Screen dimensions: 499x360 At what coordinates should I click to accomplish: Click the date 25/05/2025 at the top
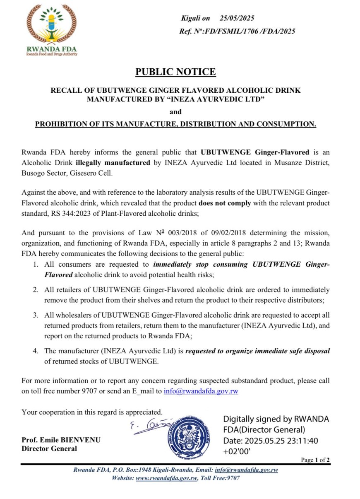point(237,18)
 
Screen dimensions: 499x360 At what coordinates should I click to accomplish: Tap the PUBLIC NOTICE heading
point(176,72)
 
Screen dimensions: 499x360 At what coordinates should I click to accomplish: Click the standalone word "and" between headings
point(176,112)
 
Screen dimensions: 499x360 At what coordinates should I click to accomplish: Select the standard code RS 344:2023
point(73,214)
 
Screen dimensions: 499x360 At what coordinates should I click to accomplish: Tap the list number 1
point(36,264)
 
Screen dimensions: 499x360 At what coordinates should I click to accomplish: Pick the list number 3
point(36,316)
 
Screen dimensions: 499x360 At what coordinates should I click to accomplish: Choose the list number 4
point(36,351)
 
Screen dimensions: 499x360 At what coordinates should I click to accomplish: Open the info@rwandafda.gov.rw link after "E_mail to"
point(201,391)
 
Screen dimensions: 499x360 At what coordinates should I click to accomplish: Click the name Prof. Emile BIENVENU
point(61,440)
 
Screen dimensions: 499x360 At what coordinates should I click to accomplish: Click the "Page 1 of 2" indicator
point(315,460)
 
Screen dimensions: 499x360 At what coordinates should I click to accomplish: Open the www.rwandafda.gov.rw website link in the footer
point(166,478)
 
